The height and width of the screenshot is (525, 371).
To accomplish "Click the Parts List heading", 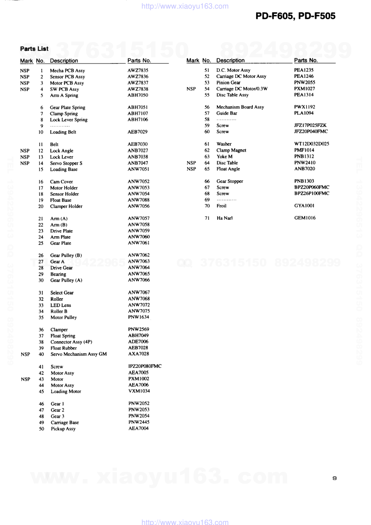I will (x=34, y=49).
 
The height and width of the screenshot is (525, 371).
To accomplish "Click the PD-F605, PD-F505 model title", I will (x=295, y=16).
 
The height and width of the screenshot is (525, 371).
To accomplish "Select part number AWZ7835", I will (x=138, y=70).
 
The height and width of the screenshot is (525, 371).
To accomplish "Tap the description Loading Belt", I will (x=63, y=132).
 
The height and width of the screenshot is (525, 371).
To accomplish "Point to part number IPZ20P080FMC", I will (x=145, y=366).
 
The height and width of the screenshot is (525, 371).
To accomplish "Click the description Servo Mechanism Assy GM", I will (x=79, y=354).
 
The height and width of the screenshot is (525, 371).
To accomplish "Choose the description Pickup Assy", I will (x=63, y=429).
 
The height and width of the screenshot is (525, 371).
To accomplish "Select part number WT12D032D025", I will (x=312, y=144).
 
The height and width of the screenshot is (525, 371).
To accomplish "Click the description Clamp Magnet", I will (x=231, y=150).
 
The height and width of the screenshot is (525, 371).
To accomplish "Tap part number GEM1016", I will (x=305, y=218).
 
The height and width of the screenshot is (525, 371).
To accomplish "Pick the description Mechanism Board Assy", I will (x=240, y=107).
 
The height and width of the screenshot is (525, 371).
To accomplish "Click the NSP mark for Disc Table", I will (x=191, y=163).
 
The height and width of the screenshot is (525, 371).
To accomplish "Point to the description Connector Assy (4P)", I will (x=71, y=342).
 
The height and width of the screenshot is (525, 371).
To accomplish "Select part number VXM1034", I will (x=139, y=391).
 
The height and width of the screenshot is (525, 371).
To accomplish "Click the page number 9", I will (x=334, y=478).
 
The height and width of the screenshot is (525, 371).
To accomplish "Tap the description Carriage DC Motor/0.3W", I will (x=242, y=89).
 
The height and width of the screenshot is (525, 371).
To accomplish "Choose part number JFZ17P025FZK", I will (x=310, y=125).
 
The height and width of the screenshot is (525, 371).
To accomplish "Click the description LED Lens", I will (x=61, y=305).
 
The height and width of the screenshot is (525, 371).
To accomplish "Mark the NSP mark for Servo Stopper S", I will (x=25, y=163).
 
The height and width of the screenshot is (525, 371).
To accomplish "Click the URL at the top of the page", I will (x=185, y=6).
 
